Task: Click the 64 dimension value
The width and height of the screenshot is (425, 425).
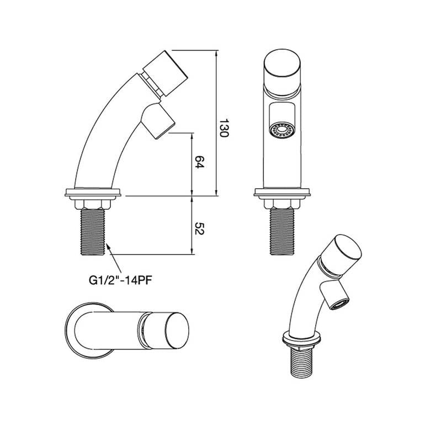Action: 199,162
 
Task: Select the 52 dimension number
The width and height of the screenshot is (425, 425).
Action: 199,229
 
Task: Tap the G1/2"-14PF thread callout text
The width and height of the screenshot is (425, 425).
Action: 120,280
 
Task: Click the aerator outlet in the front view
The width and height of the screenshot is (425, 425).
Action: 282,130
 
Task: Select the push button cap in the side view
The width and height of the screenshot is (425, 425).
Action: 165,73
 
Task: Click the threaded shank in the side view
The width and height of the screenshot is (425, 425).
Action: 93,232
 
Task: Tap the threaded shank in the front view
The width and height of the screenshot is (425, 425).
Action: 282,232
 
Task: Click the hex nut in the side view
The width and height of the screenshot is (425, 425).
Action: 93,204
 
